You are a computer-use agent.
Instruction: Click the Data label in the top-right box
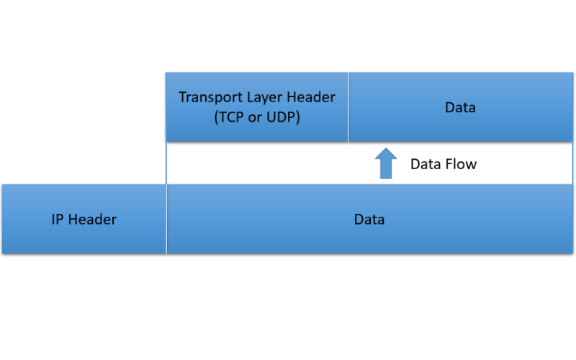tap(460, 108)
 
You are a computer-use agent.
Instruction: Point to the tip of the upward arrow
tap(387, 150)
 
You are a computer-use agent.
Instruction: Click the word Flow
tap(461, 164)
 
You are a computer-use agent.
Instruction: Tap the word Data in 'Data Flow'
tap(426, 164)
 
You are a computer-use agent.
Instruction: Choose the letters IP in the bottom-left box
tap(58, 220)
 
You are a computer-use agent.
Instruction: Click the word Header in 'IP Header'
tap(92, 220)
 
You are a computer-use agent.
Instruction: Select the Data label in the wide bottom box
tap(369, 220)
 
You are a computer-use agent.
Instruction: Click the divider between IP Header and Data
tap(166, 219)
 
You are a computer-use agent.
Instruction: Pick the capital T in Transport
tap(183, 97)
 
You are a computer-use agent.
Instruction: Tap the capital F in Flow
tap(448, 164)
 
